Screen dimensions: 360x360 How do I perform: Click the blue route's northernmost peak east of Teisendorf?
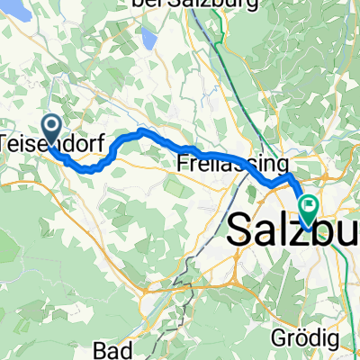142,132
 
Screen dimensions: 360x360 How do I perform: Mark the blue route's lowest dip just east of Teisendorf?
90,167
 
